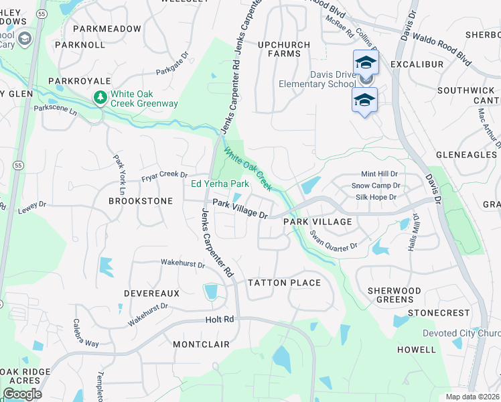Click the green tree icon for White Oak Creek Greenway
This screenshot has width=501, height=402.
[x=100, y=98]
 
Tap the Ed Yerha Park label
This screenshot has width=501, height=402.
[x=220, y=184]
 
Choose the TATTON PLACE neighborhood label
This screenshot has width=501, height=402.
[x=284, y=283]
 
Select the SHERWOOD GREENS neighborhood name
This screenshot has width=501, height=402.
[x=395, y=295]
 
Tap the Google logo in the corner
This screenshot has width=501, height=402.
[x=22, y=394]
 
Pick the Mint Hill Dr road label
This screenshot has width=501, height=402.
[x=379, y=174]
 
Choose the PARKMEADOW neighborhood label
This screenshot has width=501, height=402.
[x=107, y=29]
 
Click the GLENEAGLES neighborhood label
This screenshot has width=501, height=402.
[x=466, y=154]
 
